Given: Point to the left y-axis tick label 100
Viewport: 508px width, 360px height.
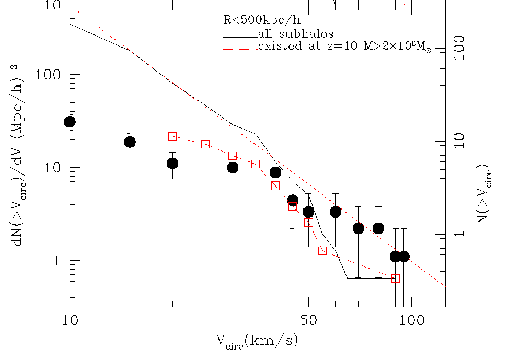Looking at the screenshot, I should (x=49, y=75).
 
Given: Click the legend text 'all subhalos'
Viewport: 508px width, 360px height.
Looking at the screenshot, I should (x=295, y=34).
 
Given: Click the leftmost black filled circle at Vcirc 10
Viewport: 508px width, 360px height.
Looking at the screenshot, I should (x=70, y=122).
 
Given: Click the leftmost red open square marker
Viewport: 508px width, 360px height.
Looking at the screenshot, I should (x=172, y=136).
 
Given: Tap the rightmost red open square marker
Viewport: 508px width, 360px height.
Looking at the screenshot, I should (x=396, y=278).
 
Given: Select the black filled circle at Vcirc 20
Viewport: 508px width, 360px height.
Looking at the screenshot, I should (x=172, y=164).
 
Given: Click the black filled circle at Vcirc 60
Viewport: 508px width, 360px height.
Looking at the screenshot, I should (x=336, y=212).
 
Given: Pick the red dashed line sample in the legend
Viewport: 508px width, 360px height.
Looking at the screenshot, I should (x=240, y=48).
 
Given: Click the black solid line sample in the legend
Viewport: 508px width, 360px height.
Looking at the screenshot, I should (x=240, y=36).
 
